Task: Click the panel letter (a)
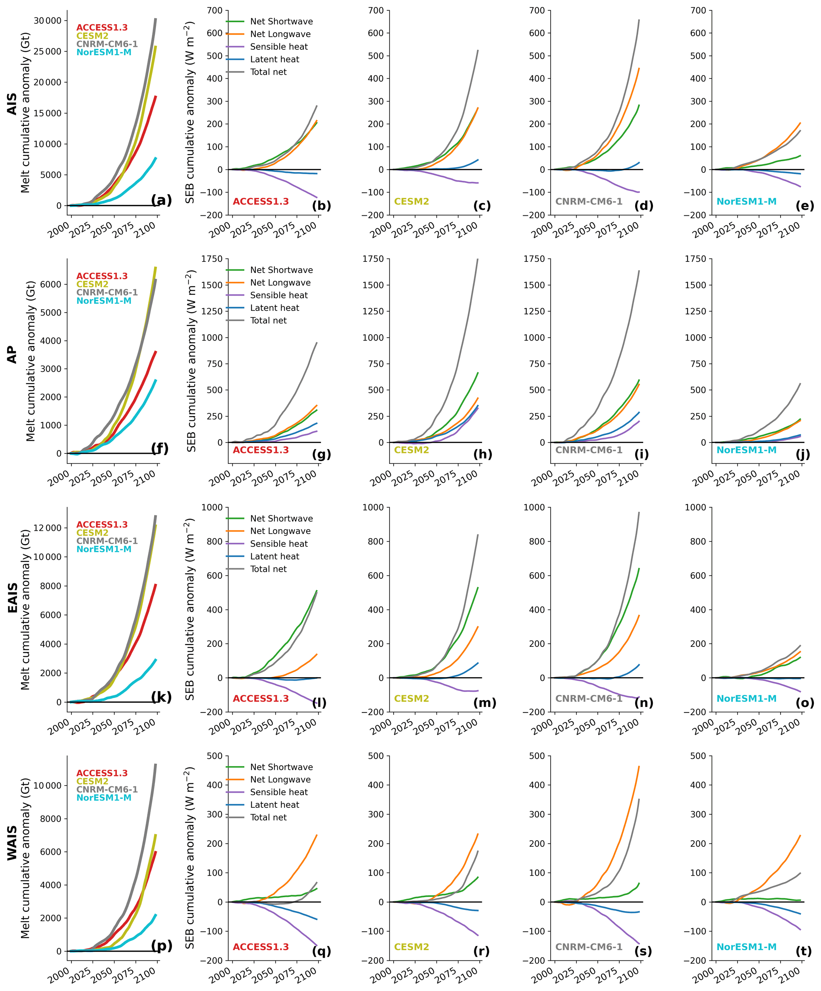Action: [x=161, y=201]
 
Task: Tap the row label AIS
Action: [x=12, y=104]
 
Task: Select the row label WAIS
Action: [x=12, y=843]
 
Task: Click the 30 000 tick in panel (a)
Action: [x=48, y=21]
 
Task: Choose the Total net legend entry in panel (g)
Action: [x=268, y=320]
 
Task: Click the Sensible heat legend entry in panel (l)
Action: [x=278, y=544]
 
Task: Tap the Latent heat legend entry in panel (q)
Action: [x=274, y=805]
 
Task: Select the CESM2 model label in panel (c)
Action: [x=411, y=201]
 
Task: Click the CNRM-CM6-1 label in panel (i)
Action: [x=588, y=450]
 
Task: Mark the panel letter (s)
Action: [x=643, y=951]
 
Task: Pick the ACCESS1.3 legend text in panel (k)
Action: [x=102, y=525]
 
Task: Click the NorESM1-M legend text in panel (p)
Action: [x=104, y=797]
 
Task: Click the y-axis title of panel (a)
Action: [x=25, y=112]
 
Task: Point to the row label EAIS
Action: [x=12, y=598]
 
